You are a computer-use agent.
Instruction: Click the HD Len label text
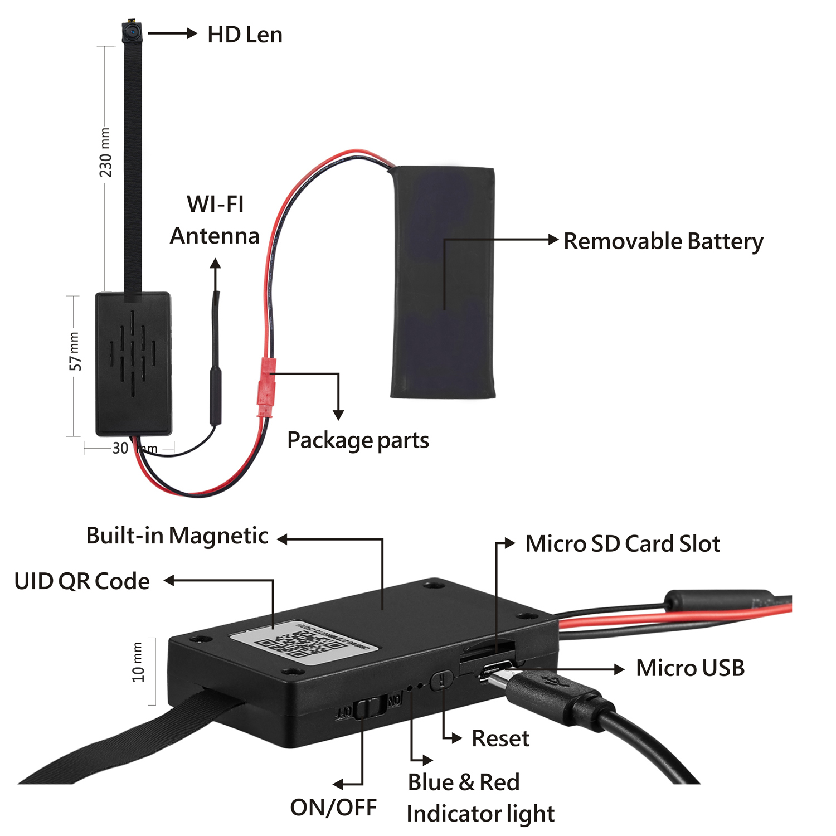[x=245, y=35]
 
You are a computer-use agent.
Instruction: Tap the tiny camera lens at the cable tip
[x=132, y=32]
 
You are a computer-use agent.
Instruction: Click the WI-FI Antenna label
[x=215, y=220]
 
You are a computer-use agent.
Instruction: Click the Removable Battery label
[x=663, y=241]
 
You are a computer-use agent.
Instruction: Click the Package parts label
[x=358, y=440]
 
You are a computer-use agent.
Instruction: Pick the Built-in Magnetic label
[x=177, y=536]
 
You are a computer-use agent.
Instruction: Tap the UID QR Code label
[x=82, y=581]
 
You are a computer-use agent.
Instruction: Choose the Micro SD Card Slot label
[x=623, y=544]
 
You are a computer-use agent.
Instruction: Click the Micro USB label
[x=690, y=668]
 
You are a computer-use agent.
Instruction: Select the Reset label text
[x=500, y=738]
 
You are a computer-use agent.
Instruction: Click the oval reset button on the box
[x=441, y=680]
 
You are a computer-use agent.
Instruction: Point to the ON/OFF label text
[x=333, y=807]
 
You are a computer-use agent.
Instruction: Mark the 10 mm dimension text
[x=138, y=662]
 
